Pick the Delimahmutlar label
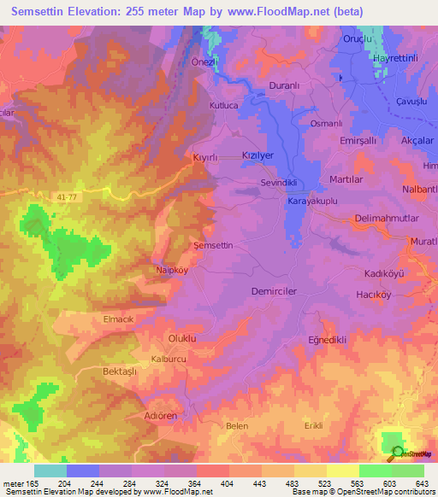click(386, 219)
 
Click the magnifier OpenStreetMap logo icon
click(397, 453)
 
